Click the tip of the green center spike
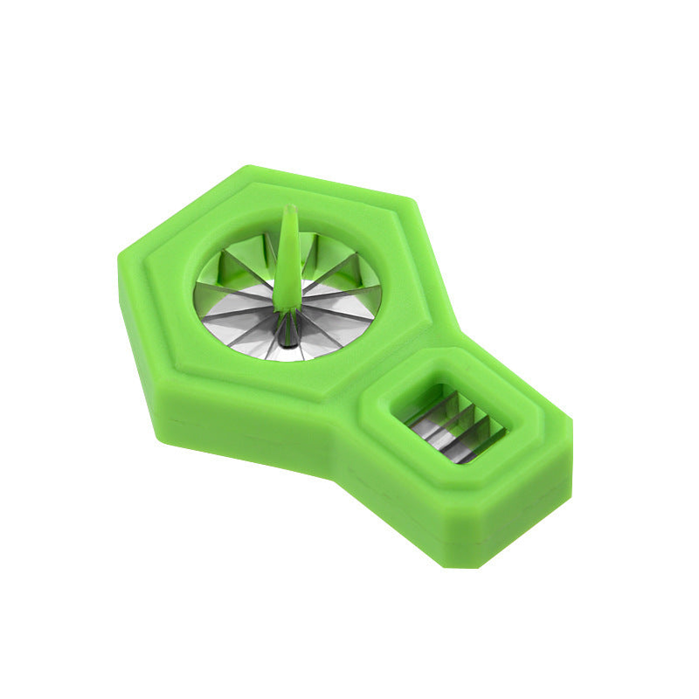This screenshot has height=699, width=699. point(290,209)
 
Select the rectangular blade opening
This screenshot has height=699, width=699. point(447,422)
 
